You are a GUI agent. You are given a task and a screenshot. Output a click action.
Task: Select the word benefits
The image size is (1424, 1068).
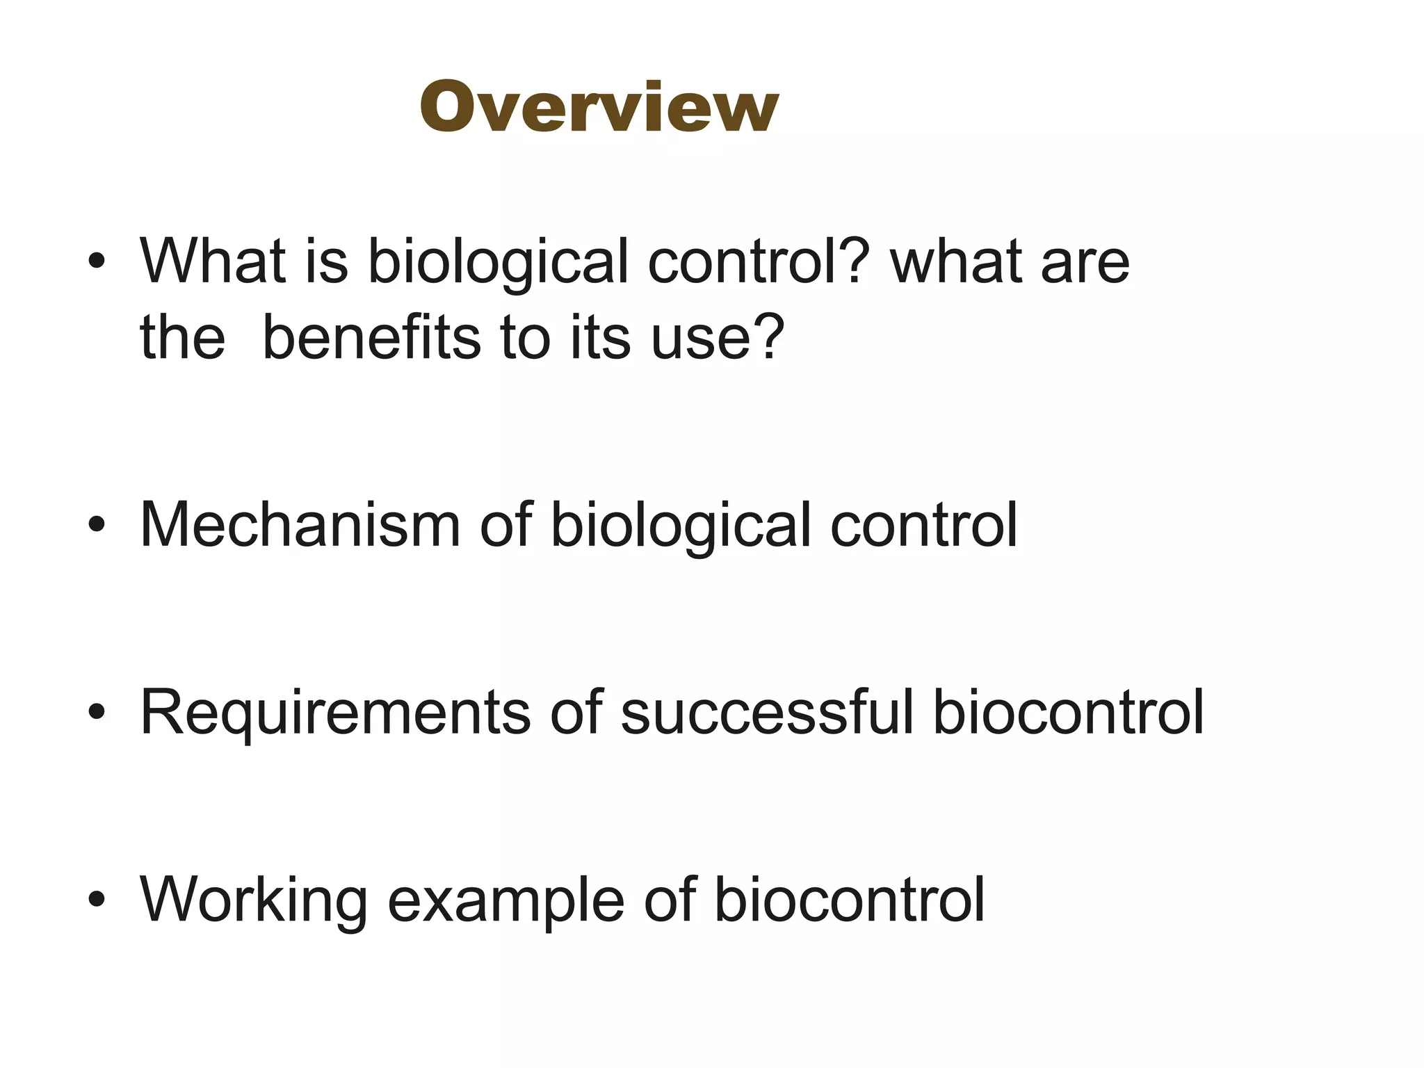click(x=372, y=337)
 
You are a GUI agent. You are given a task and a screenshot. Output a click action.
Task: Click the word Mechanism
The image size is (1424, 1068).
click(x=300, y=525)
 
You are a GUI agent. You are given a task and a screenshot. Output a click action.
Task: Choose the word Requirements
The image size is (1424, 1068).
click(x=335, y=712)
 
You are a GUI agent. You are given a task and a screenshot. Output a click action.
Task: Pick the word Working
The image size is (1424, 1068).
click(x=254, y=900)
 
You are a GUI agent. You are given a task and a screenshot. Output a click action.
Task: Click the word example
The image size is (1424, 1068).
click(x=505, y=900)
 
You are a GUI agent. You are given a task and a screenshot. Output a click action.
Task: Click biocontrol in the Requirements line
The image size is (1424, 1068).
click(x=1068, y=712)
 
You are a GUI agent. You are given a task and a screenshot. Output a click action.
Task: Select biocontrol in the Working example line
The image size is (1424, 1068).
click(x=849, y=900)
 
